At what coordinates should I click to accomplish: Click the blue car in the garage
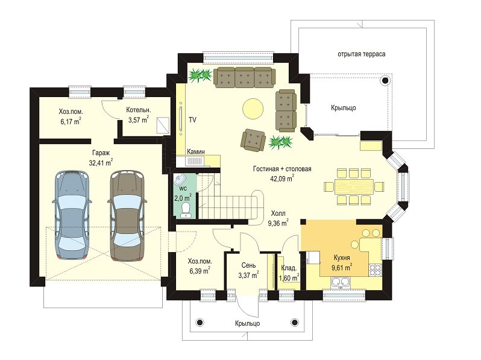tap(72, 215)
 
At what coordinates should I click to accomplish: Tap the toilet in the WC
tap(186, 210)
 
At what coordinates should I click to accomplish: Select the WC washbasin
tap(180, 179)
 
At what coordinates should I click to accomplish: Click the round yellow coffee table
tap(253, 109)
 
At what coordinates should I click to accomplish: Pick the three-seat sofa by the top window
tap(245, 77)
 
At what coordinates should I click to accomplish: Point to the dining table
tap(354, 186)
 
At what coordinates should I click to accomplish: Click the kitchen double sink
tap(341, 282)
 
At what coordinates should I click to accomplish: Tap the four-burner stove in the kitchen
tap(375, 270)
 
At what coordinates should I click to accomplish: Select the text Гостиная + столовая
tap(282, 169)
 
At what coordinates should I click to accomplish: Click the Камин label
tap(196, 151)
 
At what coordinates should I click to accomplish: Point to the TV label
tap(192, 120)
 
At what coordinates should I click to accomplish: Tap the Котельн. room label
tap(139, 110)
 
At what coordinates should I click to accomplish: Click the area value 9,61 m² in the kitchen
tap(342, 267)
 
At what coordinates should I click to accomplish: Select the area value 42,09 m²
tap(282, 178)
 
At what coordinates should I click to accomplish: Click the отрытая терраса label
tap(362, 54)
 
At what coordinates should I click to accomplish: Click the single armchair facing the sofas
tap(253, 141)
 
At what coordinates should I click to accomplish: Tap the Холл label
tap(278, 213)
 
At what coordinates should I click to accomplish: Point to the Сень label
tap(248, 265)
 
